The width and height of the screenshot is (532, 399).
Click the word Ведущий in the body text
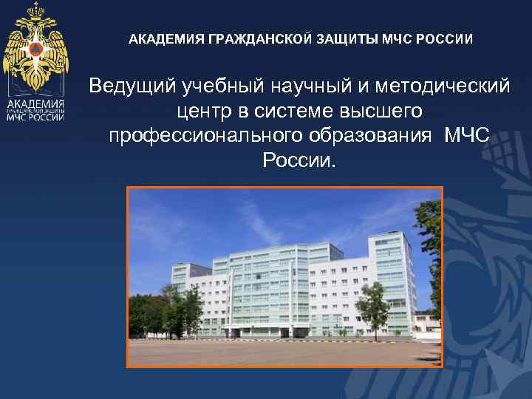pos(131,86)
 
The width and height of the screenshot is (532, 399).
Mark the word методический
pos(442,86)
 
